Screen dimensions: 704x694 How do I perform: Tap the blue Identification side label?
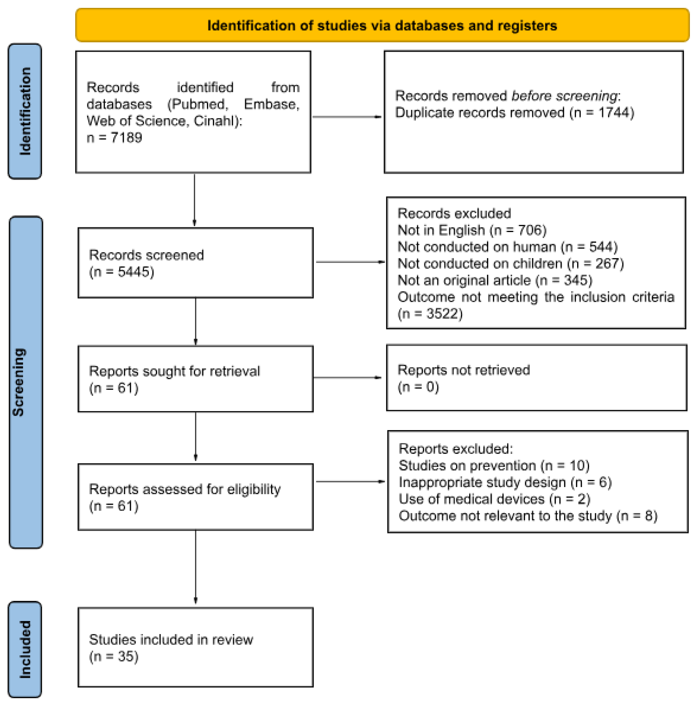point(25,111)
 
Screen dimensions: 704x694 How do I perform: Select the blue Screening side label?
point(26,382)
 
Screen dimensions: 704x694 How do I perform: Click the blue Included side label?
point(25,649)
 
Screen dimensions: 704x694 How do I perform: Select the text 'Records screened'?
point(146,255)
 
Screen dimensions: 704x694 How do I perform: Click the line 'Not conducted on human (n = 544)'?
point(507,247)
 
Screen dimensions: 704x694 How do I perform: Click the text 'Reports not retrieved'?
point(463,370)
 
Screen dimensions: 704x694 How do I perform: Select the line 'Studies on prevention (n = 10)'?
point(494,466)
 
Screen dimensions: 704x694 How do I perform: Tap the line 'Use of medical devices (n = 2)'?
point(494,499)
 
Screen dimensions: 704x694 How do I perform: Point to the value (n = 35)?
point(114,656)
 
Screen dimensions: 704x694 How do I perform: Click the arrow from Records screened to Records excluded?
point(350,262)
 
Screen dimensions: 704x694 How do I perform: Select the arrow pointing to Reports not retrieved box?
point(347,378)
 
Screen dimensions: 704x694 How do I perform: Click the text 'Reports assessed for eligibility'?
point(185,489)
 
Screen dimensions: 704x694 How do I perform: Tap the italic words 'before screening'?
point(564,96)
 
